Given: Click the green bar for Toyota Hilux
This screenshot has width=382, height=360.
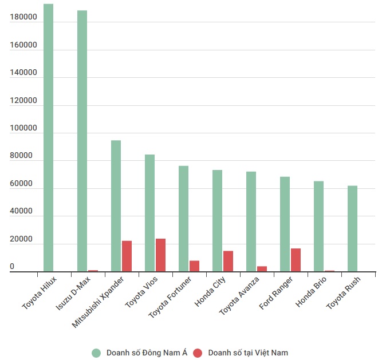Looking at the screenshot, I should tap(48, 137).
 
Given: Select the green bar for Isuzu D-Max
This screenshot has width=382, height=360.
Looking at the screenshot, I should tap(82, 141).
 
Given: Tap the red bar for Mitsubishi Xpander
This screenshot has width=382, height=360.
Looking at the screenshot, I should tap(127, 256).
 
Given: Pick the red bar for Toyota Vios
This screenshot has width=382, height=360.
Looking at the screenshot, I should tap(160, 255).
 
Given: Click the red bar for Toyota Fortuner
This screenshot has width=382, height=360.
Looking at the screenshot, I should tap(194, 266).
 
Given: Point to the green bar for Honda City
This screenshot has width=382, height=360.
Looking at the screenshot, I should tap(217, 221).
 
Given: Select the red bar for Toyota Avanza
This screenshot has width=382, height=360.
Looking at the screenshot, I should tap(262, 269).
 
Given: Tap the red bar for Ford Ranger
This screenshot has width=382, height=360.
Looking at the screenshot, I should tap(296, 260).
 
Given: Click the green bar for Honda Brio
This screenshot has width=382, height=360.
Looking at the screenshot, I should tap(318, 227).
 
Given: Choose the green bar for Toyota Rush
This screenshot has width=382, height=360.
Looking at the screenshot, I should tap(352, 229).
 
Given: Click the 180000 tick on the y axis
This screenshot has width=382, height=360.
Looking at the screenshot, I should tap(23, 18).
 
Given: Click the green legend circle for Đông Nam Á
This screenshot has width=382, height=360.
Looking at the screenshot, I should tap(96, 353).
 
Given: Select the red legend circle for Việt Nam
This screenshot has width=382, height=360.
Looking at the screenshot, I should tap(198, 353).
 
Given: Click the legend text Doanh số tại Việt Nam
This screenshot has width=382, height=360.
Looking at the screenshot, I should tap(248, 353).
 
